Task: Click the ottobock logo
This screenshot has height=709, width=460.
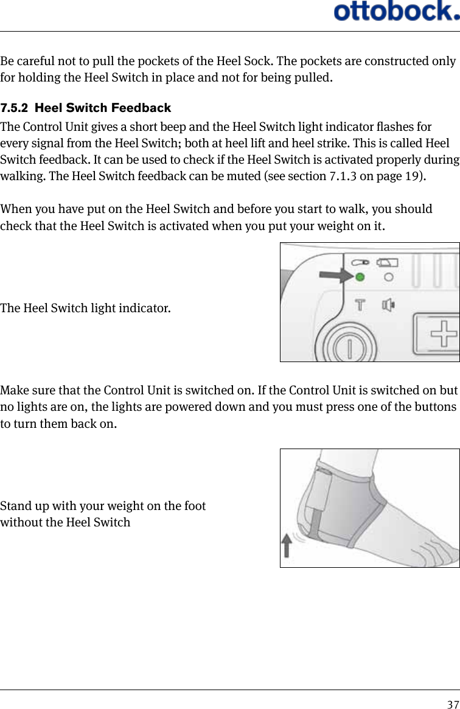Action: coord(396,11)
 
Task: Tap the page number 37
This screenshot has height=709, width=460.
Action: coord(453,705)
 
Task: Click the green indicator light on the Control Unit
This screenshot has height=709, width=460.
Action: coord(360,278)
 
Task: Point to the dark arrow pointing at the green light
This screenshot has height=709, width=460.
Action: coord(338,277)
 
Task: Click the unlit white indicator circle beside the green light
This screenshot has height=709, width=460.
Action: coord(388,278)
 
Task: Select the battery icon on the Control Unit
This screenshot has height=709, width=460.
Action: coord(388,262)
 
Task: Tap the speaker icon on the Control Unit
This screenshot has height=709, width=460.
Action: coord(388,304)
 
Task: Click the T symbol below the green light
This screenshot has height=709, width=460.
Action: coord(360,304)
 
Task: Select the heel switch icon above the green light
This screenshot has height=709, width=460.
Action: coord(359,262)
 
